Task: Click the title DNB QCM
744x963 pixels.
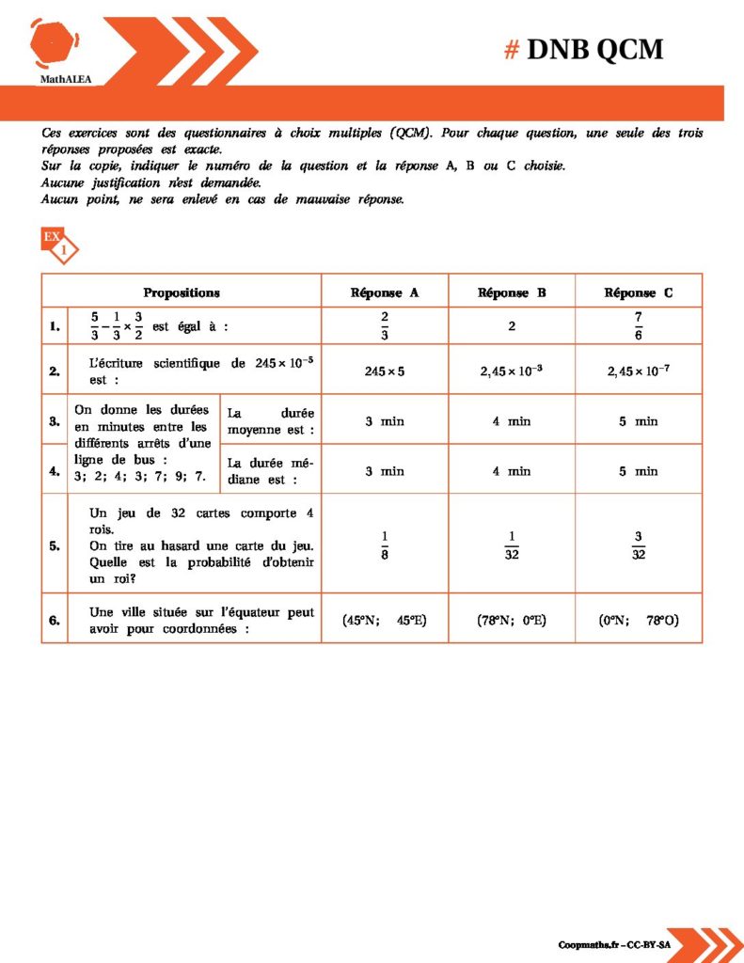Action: (x=594, y=49)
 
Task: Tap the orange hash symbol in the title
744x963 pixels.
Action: (x=512, y=49)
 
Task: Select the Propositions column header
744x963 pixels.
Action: (x=182, y=292)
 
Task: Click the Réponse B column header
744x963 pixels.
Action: (x=512, y=292)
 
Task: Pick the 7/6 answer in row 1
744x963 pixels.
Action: (x=639, y=325)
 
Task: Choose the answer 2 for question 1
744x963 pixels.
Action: (x=512, y=326)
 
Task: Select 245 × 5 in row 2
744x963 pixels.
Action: (x=385, y=371)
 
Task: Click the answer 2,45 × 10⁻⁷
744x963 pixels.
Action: (x=639, y=371)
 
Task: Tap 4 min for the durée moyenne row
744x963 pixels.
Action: (x=512, y=421)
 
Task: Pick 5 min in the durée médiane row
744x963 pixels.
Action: (x=639, y=470)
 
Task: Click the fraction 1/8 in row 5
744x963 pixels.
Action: (x=385, y=544)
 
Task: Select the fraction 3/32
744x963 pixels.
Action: (x=639, y=544)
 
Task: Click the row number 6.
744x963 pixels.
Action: (x=55, y=620)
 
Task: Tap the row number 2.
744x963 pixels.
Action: (x=55, y=371)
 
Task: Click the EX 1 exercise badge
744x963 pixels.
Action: (x=58, y=245)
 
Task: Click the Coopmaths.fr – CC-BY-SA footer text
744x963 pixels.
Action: (x=614, y=943)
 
